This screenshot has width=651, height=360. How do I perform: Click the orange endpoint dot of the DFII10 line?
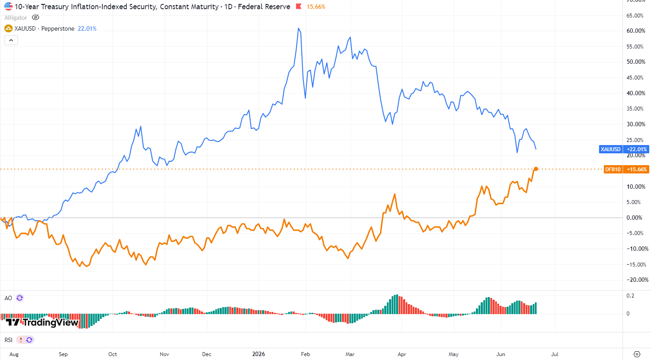click(x=536, y=169)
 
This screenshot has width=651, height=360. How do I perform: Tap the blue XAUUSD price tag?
click(x=623, y=149)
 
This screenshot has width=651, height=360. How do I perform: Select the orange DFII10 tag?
click(x=626, y=169)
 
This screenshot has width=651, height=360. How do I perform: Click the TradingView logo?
click(x=42, y=322)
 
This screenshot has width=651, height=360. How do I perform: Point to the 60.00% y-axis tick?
click(x=636, y=31)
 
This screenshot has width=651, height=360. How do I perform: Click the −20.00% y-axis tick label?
click(x=637, y=280)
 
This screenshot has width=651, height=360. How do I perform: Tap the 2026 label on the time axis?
click(x=258, y=354)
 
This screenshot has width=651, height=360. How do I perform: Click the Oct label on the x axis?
click(x=113, y=354)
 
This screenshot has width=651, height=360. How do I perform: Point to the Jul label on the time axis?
click(x=555, y=354)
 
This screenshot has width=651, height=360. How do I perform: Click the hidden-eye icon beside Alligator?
click(x=35, y=17)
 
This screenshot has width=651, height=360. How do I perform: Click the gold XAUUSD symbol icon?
click(x=8, y=28)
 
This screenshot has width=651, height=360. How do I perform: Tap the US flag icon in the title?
click(x=8, y=7)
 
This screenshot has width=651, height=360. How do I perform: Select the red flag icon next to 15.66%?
click(x=299, y=7)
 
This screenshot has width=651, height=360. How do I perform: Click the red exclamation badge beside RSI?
click(x=21, y=339)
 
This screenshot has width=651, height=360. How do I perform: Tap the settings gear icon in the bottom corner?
click(x=637, y=354)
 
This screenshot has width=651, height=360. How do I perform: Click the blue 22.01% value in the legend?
click(x=87, y=28)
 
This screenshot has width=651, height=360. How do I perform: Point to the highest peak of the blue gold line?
click(x=299, y=28)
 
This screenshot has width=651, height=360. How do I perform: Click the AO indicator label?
click(x=8, y=298)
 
